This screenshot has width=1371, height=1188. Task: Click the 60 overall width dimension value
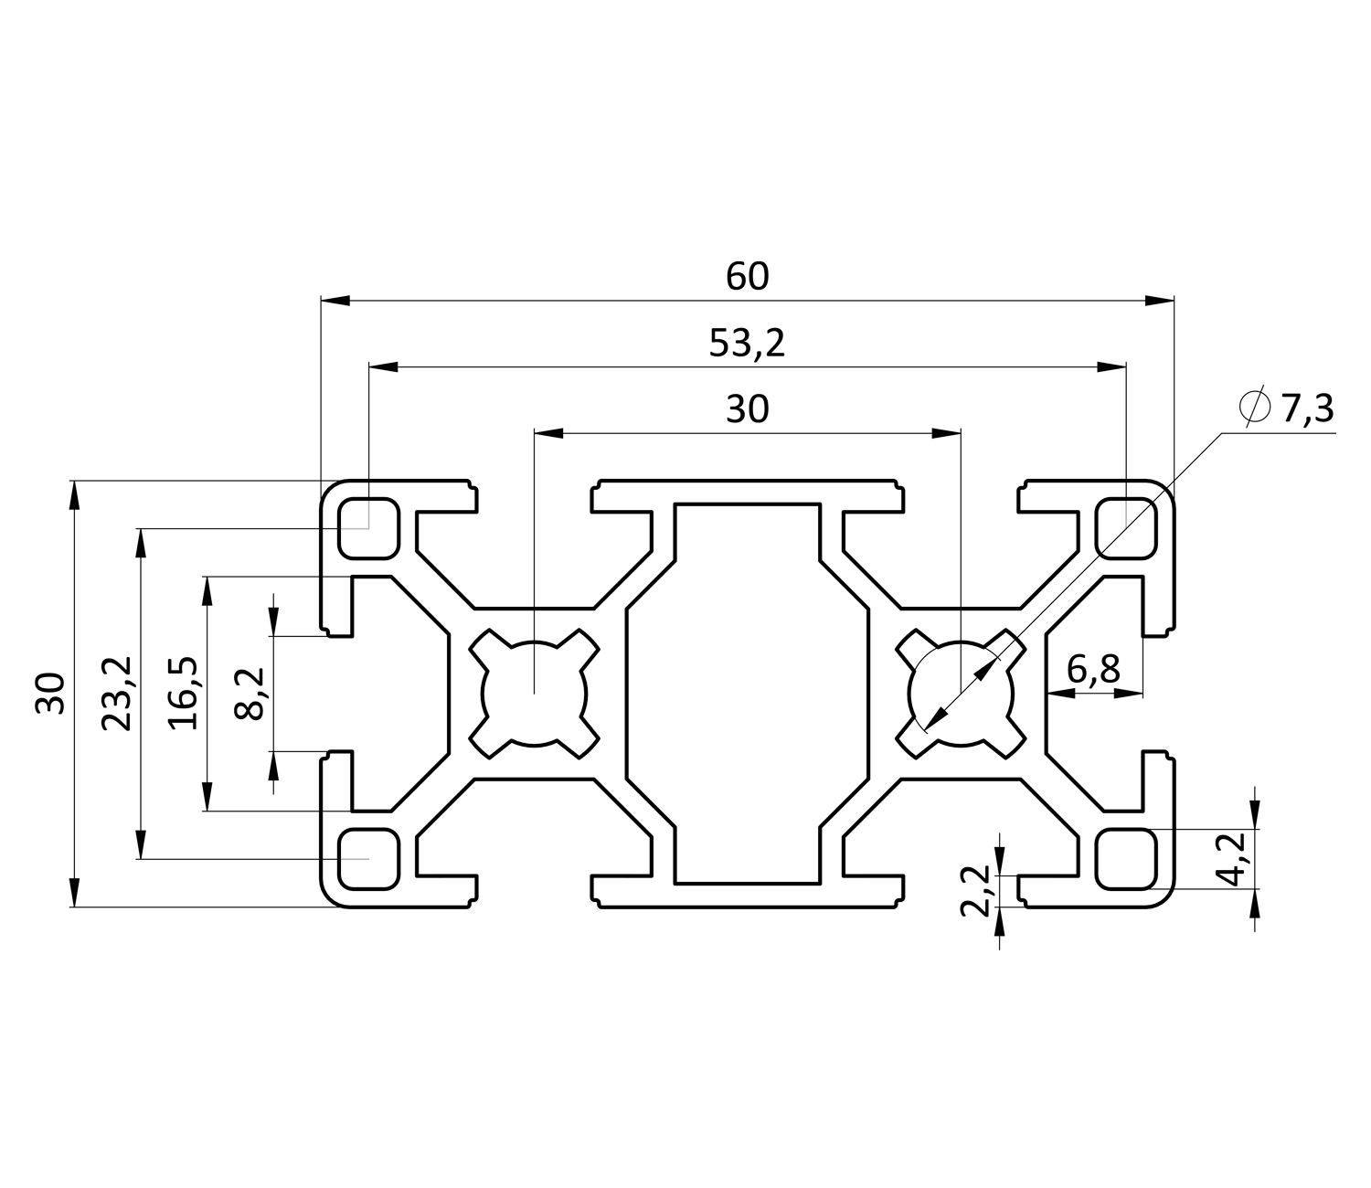(747, 276)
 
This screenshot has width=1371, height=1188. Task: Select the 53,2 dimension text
(747, 344)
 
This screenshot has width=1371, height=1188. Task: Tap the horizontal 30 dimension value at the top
(747, 410)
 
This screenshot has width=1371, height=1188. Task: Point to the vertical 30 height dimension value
(51, 693)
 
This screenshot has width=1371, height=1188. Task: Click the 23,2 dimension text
(117, 693)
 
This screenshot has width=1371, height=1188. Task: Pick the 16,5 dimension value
(184, 693)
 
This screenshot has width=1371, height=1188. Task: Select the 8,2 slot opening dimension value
(250, 693)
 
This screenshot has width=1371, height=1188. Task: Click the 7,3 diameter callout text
(1306, 408)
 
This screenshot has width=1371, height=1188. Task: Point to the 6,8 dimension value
(1093, 671)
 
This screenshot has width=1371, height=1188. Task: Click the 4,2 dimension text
(1235, 858)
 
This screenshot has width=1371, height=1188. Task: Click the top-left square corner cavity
(368, 527)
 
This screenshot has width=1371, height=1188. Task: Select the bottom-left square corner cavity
(368, 858)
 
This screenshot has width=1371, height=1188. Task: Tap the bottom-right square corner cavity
(1125, 858)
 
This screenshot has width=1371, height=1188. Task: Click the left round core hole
(534, 693)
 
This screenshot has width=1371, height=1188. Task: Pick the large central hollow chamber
(747, 693)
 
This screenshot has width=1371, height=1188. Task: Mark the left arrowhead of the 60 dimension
(335, 300)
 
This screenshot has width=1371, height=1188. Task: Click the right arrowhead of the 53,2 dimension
(1111, 366)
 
